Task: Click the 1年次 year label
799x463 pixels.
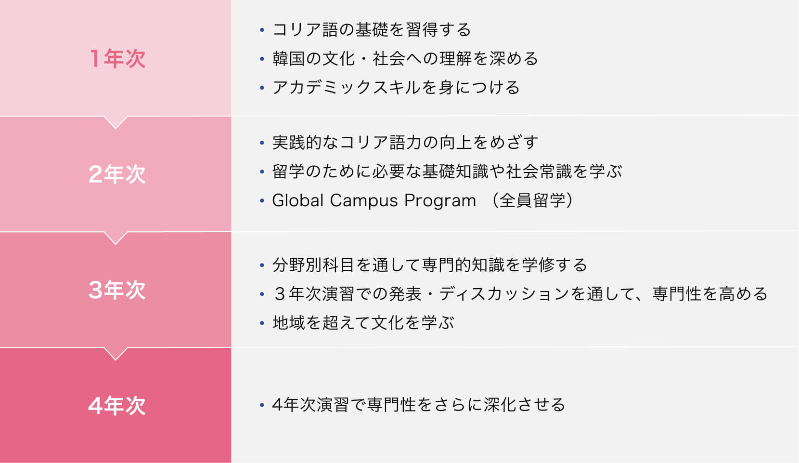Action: click(x=117, y=58)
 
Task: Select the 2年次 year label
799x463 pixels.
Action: click(x=117, y=174)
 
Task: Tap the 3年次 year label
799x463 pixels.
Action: click(x=117, y=290)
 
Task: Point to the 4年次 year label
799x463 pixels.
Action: click(x=117, y=406)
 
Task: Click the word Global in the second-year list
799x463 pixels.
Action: click(x=298, y=200)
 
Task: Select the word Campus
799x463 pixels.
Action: click(x=363, y=201)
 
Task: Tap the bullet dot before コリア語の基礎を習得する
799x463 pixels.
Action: click(x=262, y=29)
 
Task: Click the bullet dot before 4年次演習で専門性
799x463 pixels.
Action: click(x=262, y=405)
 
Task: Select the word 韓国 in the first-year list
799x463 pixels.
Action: click(x=289, y=59)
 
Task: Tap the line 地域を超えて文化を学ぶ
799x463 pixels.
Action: click(x=363, y=323)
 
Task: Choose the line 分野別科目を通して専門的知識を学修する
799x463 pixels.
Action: click(x=429, y=265)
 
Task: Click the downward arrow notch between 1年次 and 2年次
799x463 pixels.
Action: click(x=116, y=122)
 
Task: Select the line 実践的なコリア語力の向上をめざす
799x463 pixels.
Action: click(x=405, y=143)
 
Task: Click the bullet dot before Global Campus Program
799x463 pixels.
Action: click(x=262, y=200)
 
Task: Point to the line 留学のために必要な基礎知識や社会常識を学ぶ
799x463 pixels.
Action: click(x=447, y=172)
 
